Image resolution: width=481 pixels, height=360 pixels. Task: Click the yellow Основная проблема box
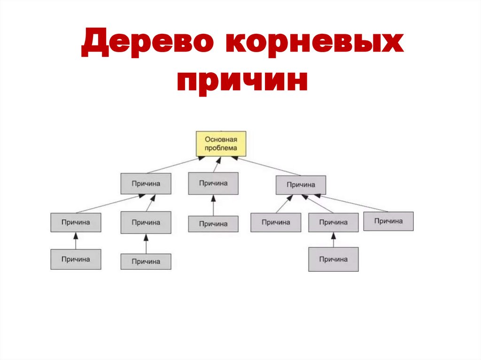[221, 144]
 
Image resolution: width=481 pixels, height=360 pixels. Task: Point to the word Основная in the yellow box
[221, 139]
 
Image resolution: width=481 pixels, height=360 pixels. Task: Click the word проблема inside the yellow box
[221, 148]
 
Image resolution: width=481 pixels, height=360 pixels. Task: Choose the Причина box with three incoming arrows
[301, 185]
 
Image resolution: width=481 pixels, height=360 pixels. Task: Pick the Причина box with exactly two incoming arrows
[146, 184]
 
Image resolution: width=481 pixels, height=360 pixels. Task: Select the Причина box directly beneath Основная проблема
[213, 183]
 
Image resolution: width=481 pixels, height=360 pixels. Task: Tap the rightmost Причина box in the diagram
[388, 221]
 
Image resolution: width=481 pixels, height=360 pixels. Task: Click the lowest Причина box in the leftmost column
[76, 259]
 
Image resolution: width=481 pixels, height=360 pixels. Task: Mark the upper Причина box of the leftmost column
[76, 222]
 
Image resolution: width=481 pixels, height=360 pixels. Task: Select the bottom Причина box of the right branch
[334, 259]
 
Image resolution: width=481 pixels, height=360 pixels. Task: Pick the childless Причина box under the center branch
[213, 224]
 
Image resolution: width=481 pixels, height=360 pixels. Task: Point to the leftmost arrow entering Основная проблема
[173, 165]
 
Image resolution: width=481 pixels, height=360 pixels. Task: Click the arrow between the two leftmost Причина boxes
[76, 241]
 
